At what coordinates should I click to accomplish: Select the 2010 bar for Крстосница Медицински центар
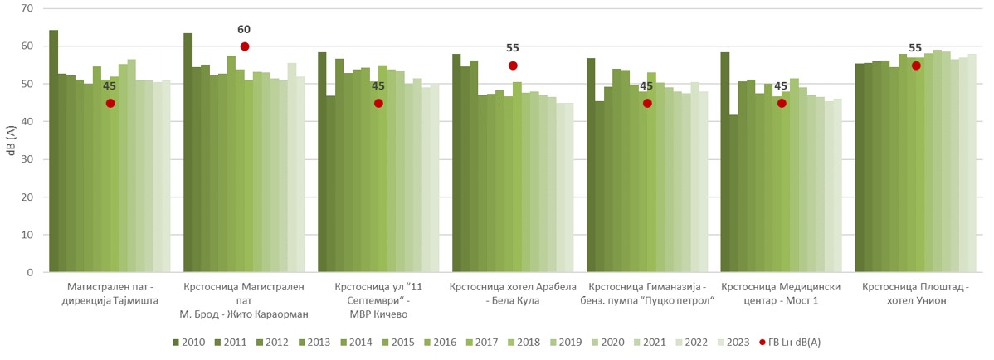click(725, 162)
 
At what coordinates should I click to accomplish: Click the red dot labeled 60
click(245, 46)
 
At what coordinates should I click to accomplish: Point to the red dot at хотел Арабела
click(513, 66)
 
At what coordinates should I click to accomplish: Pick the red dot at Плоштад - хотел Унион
click(916, 66)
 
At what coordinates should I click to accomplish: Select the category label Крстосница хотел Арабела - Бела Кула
click(512, 293)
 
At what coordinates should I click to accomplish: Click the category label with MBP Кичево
click(378, 299)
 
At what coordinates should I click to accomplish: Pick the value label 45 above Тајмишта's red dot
click(110, 85)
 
